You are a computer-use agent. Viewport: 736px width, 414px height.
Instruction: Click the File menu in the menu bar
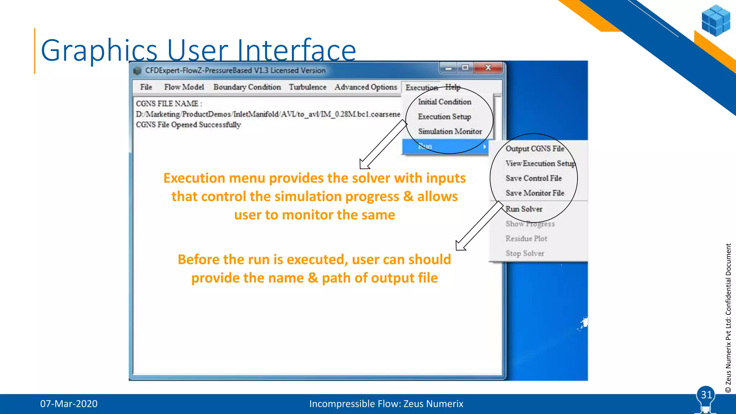(x=146, y=87)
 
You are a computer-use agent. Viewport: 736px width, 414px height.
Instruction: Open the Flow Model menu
(x=184, y=87)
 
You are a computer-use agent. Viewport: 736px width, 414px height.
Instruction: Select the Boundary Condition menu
(x=247, y=87)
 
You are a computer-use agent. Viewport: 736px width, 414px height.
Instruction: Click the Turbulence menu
(x=308, y=87)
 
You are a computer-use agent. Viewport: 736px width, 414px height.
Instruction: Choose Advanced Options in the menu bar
(x=366, y=87)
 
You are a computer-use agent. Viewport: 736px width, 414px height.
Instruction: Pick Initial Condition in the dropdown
(x=445, y=102)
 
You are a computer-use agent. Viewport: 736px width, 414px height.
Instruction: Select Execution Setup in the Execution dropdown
(x=445, y=117)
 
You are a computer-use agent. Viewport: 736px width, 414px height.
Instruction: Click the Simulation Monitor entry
(x=450, y=132)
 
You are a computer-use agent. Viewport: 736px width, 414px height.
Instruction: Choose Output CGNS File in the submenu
(x=535, y=149)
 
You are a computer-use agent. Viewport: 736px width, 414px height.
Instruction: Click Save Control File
(x=534, y=178)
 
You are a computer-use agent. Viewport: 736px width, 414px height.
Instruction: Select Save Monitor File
(x=535, y=193)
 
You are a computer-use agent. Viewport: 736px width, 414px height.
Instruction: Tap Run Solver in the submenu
(x=524, y=209)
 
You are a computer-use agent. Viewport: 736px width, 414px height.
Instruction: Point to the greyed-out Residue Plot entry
(x=526, y=239)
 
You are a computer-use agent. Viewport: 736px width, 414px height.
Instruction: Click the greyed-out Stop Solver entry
(x=525, y=253)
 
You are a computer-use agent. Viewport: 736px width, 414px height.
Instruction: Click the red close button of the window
(x=488, y=68)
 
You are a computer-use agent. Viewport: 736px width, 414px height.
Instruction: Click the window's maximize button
(x=465, y=68)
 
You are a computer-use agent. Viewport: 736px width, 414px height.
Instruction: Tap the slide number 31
(x=706, y=395)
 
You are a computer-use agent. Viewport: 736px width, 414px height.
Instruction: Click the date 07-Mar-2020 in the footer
(x=69, y=404)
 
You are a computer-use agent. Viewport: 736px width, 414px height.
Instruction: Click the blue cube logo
(x=716, y=20)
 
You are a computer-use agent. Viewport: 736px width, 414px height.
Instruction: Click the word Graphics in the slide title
(x=99, y=50)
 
